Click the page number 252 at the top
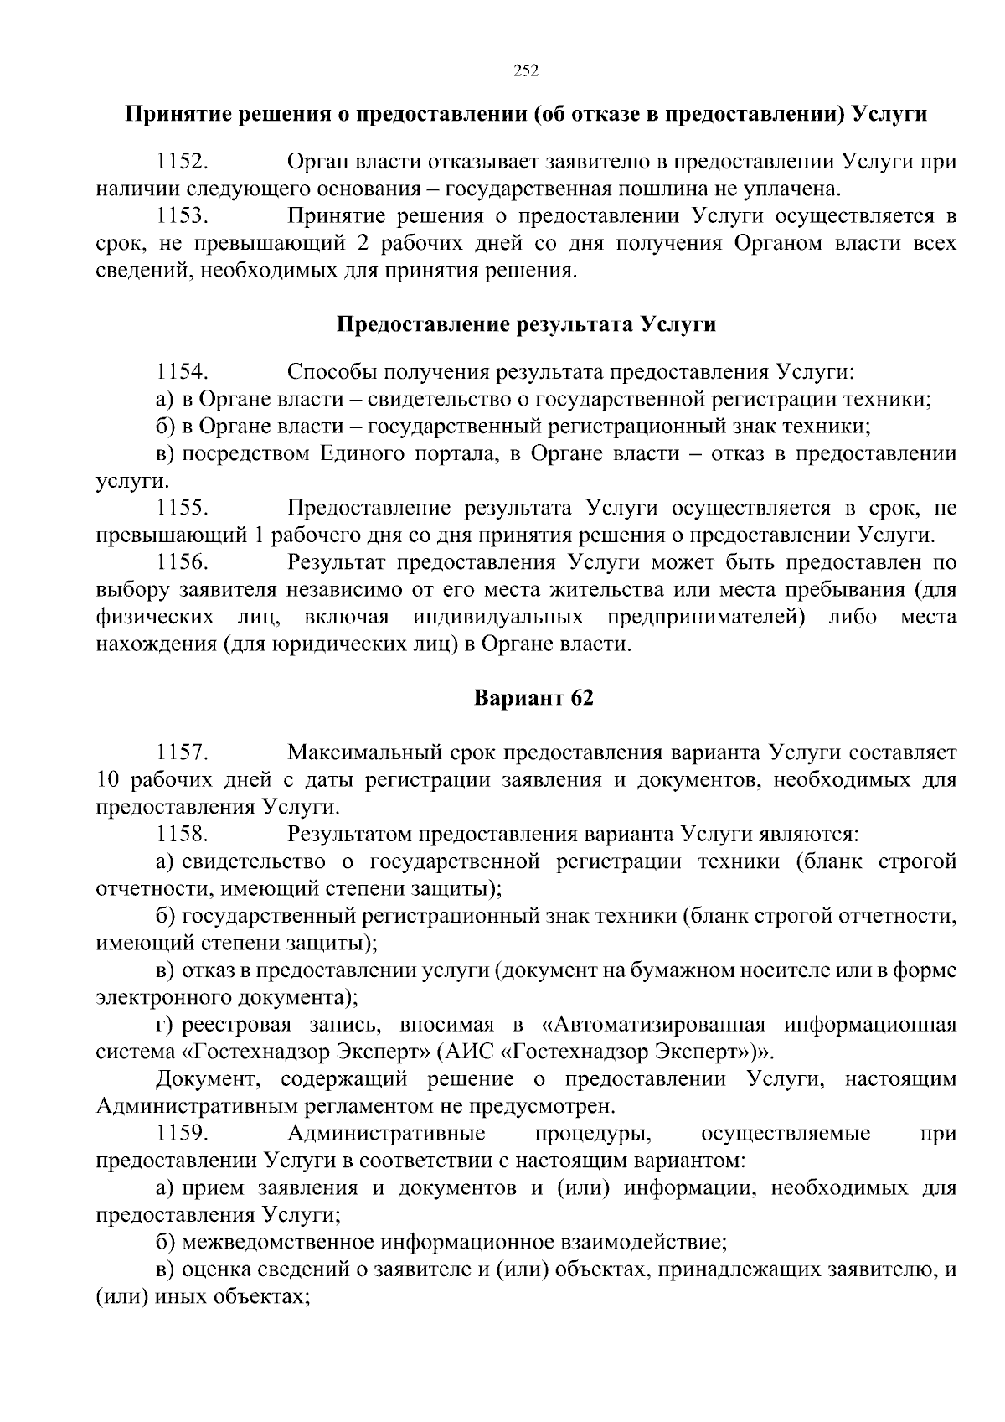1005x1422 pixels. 525,70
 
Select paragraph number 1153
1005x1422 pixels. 182,216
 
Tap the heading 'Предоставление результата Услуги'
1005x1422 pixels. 526,324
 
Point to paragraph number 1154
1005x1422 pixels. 182,371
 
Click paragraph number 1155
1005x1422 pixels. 182,508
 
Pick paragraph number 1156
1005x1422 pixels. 182,562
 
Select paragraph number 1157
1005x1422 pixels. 182,752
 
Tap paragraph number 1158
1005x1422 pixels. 182,835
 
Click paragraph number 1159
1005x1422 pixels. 182,1134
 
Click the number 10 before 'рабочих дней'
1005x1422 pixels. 111,780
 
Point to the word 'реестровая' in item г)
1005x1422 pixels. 236,1026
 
